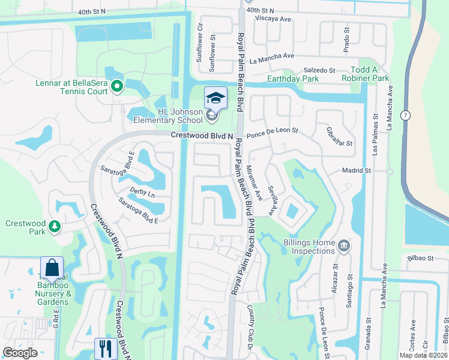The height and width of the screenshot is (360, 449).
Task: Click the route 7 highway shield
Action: click(406, 115)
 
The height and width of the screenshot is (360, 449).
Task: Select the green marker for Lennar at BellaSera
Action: click(117, 87)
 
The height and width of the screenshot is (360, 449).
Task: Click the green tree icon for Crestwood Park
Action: click(55, 226)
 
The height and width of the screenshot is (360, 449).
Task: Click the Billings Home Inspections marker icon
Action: click(343, 245)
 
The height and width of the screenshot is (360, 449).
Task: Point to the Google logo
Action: click(20, 353)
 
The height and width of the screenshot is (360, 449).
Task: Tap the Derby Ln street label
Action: click(142, 194)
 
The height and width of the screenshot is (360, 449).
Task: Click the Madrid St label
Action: click(357, 171)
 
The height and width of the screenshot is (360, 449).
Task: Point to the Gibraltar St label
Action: click(338, 136)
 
